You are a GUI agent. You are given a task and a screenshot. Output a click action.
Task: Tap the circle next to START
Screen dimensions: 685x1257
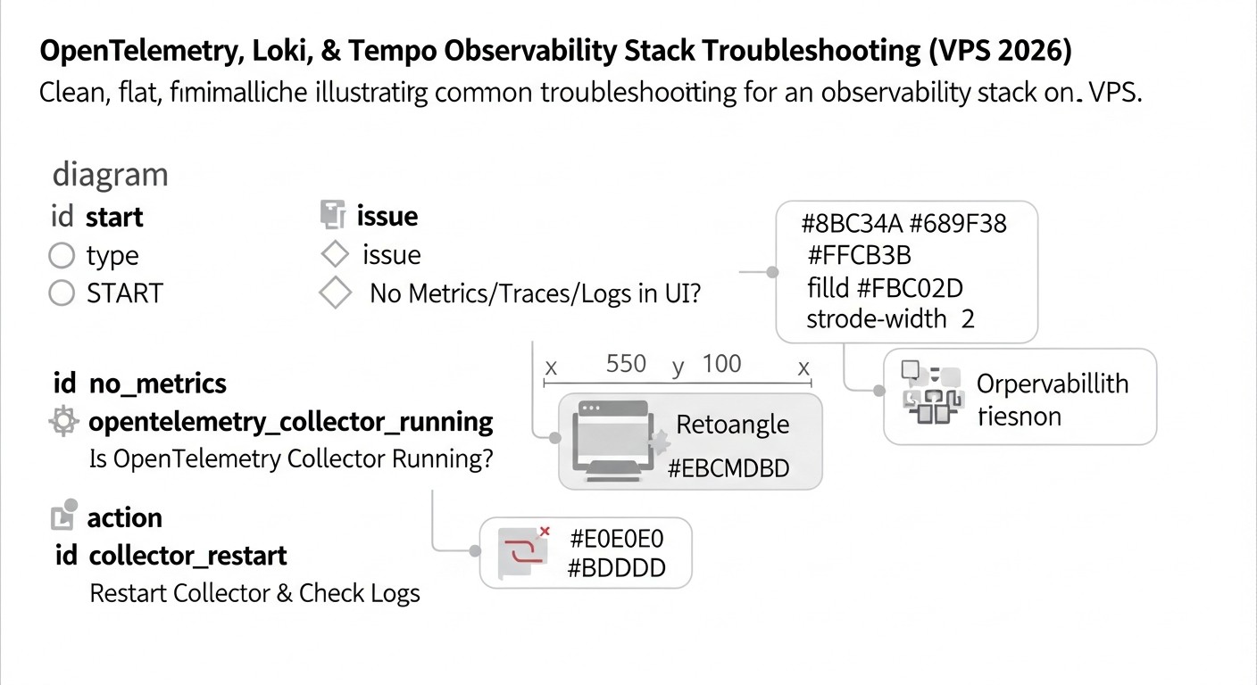click(x=61, y=293)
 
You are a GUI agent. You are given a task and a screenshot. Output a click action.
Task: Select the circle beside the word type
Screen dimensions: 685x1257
click(x=61, y=256)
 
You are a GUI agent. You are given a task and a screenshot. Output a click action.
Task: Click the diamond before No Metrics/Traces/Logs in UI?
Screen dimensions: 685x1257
click(x=335, y=293)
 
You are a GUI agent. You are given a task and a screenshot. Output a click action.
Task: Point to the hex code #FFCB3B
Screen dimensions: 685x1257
click(x=859, y=256)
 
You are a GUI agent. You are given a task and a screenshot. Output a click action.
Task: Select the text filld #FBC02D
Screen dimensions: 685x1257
click(x=884, y=288)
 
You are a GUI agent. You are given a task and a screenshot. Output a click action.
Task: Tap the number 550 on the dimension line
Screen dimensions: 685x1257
click(x=626, y=364)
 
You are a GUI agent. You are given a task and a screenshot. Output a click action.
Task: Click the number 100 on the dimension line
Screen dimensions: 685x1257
click(x=721, y=364)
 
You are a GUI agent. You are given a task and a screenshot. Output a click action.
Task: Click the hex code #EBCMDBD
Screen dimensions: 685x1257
click(x=728, y=468)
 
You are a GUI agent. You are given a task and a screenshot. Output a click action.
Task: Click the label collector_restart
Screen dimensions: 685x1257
click(x=187, y=556)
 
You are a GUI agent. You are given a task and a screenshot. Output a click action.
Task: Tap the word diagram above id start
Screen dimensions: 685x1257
click(x=110, y=175)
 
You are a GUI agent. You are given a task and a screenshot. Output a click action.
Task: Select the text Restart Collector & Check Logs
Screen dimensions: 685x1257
click(x=254, y=593)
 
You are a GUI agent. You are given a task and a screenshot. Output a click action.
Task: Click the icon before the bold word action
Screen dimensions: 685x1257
click(x=65, y=516)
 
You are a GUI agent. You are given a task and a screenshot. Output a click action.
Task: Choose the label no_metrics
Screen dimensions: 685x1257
click(x=158, y=384)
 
